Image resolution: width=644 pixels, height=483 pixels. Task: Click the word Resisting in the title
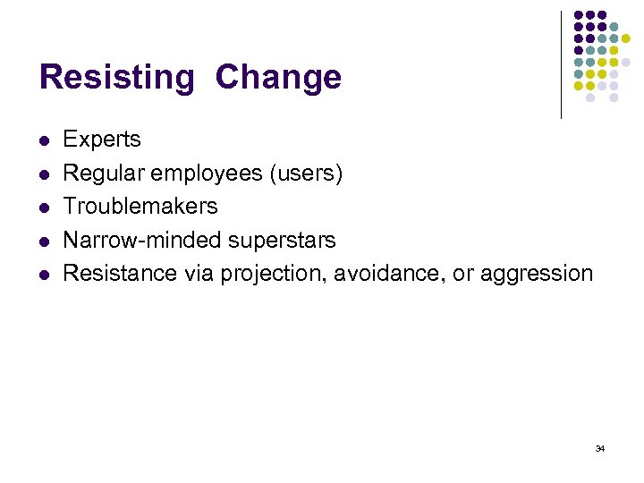click(x=116, y=78)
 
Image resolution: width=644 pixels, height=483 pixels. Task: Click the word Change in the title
click(x=278, y=78)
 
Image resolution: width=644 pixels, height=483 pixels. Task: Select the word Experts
click(x=102, y=140)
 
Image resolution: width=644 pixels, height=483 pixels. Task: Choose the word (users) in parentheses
click(x=306, y=173)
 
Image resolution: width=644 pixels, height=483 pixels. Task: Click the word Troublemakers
click(x=140, y=206)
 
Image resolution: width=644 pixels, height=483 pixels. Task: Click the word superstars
click(x=283, y=240)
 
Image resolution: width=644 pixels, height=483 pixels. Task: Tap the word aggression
click(x=537, y=274)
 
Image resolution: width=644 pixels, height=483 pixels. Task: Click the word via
click(x=199, y=273)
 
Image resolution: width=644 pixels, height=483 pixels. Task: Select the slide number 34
click(x=599, y=448)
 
